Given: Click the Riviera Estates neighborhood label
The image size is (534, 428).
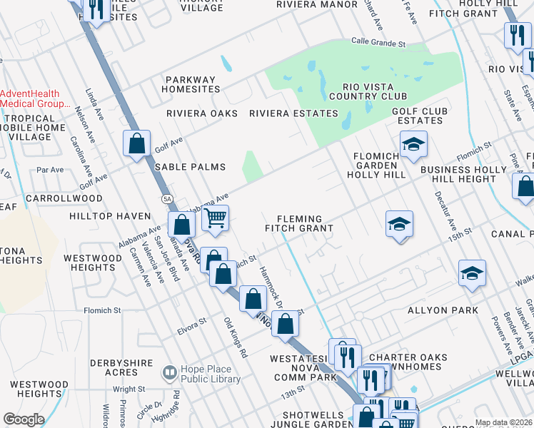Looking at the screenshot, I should click(x=293, y=113).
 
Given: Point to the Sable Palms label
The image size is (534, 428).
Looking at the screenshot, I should click(x=191, y=167).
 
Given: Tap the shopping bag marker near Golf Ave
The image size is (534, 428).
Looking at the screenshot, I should click(x=136, y=143).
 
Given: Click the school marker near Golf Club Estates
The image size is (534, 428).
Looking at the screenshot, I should click(x=413, y=145).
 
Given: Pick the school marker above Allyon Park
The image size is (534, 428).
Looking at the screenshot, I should click(x=472, y=274).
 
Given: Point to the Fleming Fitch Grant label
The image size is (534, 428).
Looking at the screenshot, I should click(x=299, y=224).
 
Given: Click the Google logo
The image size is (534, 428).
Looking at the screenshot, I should click(x=24, y=419).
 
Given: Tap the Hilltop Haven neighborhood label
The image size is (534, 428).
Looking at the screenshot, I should click(x=110, y=215).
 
